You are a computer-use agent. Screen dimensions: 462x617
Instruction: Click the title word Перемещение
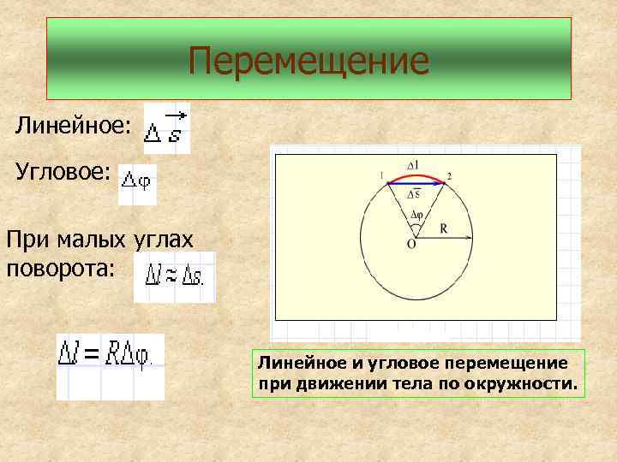coord(308,61)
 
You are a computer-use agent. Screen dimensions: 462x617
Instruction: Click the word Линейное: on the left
coord(73,126)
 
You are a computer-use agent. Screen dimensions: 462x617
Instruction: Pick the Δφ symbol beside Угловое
coord(137,181)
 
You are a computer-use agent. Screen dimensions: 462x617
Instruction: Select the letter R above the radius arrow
coord(443,228)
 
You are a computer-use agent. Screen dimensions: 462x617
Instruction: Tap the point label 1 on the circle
coord(380,175)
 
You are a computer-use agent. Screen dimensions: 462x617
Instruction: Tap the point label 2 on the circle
coord(449,175)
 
